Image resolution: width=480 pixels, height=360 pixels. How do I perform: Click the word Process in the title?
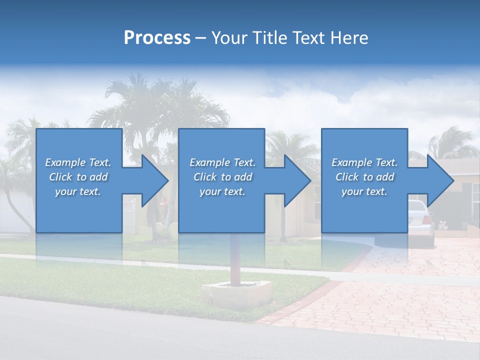coord(157,38)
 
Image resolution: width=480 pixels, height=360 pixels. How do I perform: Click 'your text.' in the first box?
coord(78,191)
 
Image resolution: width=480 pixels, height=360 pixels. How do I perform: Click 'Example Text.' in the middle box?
coord(222,162)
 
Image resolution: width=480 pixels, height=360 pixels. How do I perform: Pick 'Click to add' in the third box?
coord(365,177)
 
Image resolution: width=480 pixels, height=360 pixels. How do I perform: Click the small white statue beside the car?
coord(442,224)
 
